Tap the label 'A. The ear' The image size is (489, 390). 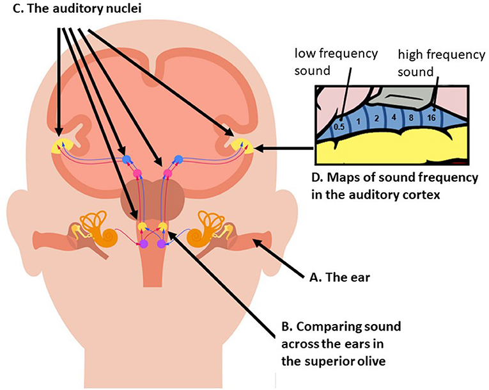[x=337, y=278]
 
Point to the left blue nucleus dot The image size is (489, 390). [x=127, y=159]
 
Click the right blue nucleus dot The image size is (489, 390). [x=180, y=158]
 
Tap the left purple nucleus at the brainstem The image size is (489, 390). [x=144, y=243]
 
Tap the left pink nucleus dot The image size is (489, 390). [x=136, y=174]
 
